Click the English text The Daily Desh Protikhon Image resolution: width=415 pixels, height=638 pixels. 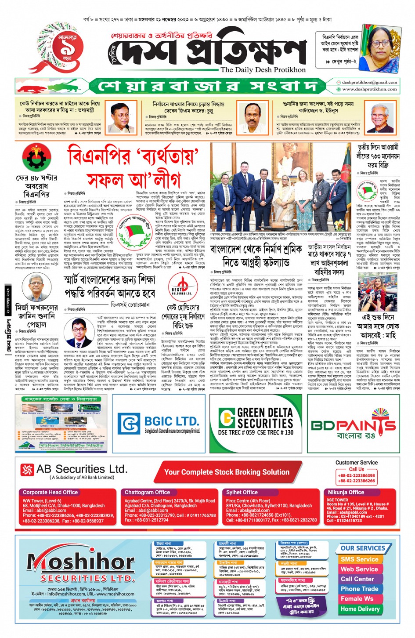263,69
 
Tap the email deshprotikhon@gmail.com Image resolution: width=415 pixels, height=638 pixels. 369,82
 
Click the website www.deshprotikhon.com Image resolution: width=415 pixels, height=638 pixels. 369,89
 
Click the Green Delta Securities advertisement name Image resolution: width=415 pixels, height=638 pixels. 265,418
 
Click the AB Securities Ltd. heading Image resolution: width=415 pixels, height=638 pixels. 82,469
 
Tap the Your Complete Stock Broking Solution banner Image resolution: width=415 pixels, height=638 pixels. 227,472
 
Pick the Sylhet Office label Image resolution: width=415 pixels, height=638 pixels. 242,492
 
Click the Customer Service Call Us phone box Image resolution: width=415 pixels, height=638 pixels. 356,475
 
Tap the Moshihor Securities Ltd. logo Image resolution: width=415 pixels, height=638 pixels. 81,565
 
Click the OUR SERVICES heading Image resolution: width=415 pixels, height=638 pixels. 363,548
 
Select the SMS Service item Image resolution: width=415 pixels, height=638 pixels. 359,559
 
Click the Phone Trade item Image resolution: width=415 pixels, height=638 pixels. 359,589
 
